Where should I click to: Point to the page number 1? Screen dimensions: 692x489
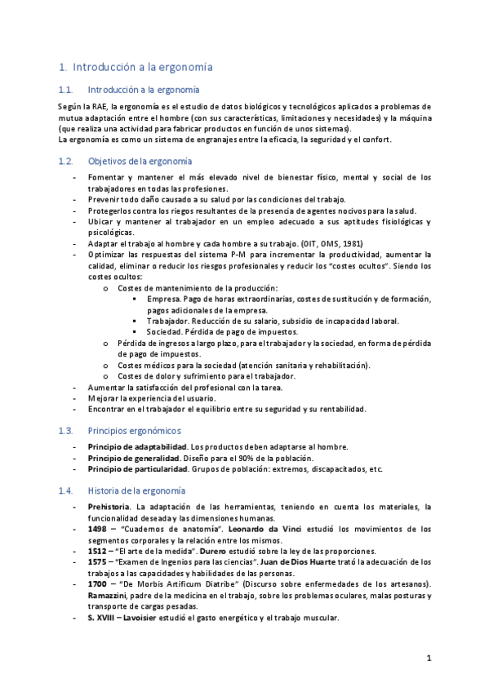coord(428,657)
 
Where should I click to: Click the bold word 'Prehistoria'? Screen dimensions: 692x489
coord(108,508)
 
